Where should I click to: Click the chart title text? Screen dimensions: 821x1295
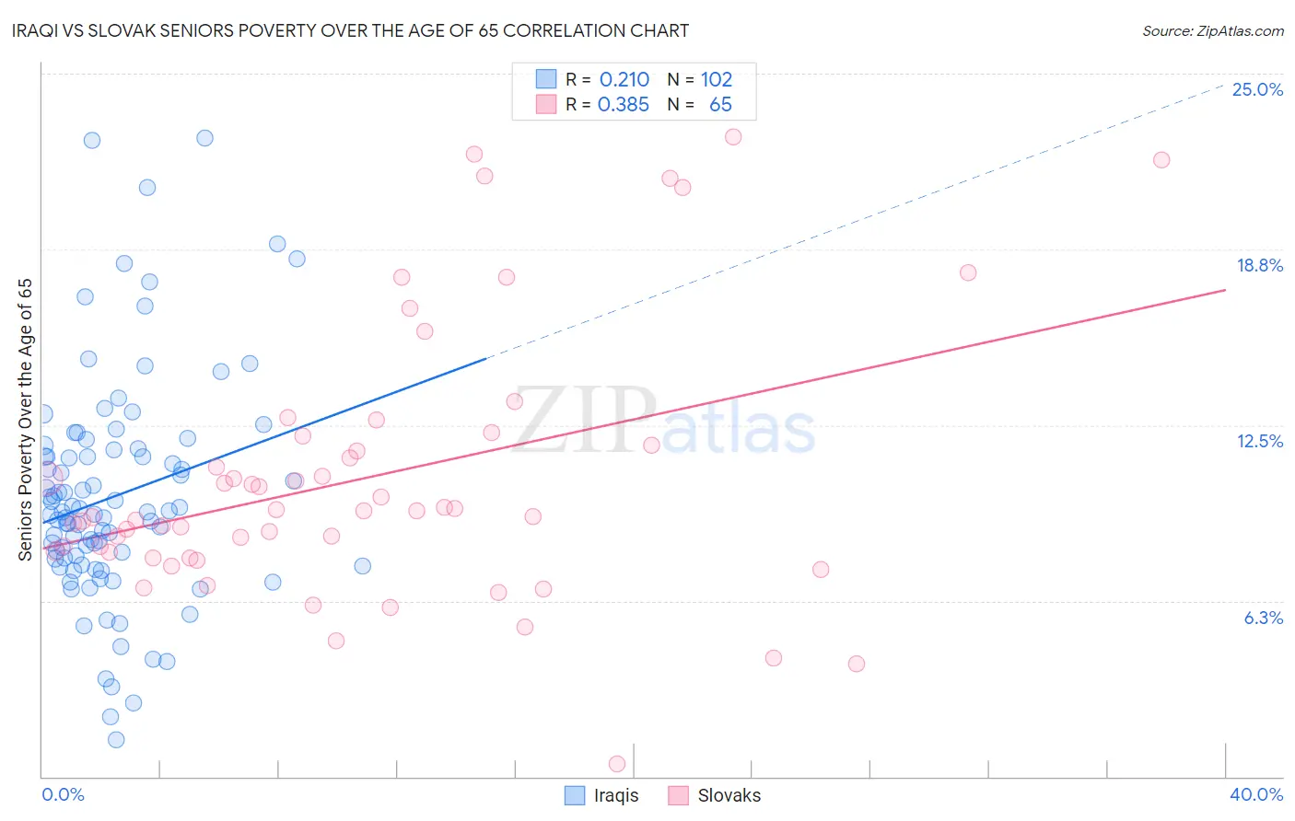[350, 30]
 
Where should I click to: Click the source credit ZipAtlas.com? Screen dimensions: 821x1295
[1212, 30]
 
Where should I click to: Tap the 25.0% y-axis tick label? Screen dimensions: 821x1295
[1257, 89]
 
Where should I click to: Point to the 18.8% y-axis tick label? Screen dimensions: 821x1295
[1259, 265]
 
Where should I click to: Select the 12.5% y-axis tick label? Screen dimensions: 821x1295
[1259, 441]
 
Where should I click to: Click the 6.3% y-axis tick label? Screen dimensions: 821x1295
[1263, 618]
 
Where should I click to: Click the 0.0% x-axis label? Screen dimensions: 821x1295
[63, 794]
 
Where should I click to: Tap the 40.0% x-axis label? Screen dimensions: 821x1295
[1255, 794]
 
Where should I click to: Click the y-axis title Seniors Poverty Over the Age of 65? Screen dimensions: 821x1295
[25, 419]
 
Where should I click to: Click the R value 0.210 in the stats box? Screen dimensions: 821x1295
[624, 80]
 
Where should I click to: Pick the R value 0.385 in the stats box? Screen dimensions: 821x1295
[624, 105]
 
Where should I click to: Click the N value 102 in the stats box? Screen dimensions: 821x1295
[716, 80]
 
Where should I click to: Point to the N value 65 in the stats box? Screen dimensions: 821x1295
[720, 105]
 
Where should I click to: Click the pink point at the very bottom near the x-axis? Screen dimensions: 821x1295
[617, 763]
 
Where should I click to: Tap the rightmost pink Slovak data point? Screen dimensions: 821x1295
[1161, 160]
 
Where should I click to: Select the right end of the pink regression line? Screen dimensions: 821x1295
[1225, 290]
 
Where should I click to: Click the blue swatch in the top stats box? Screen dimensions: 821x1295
[546, 79]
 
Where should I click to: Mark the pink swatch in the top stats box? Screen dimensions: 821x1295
[546, 104]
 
